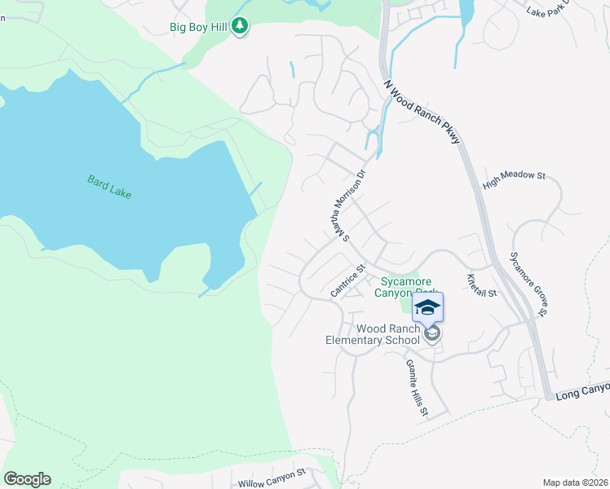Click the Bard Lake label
[109, 187]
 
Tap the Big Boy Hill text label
[198, 27]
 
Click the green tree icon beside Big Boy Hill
[239, 27]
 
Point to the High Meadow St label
[513, 180]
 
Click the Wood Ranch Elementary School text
[376, 334]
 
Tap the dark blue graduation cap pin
[428, 308]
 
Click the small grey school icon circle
[432, 333]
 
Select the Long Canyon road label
[582, 394]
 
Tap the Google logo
[27, 479]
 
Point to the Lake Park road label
[548, 11]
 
